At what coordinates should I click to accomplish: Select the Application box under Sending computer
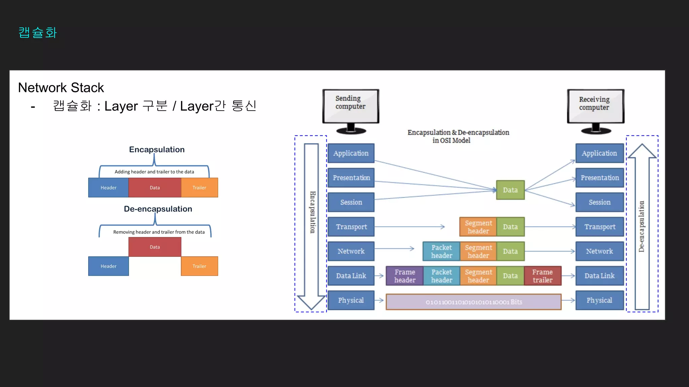coord(351,153)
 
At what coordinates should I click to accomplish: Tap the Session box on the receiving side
coord(600,202)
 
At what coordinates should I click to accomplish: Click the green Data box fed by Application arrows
coord(510,190)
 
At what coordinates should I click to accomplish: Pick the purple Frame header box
coord(405,276)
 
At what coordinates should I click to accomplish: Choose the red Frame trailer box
coord(542,276)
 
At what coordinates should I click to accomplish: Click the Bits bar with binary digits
coord(473,302)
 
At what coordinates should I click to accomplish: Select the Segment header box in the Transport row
coord(478,227)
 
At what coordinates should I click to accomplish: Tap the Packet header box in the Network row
coord(441,251)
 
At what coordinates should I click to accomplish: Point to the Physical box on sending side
coord(351,300)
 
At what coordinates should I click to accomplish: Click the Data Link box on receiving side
coord(600,276)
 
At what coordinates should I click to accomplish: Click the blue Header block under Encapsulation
coord(108,187)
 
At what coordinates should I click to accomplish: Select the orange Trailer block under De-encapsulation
coord(199,266)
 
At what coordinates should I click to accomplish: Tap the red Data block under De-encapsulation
coord(155,247)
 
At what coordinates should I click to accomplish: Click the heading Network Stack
coord(61,88)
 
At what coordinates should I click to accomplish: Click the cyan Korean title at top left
coord(38,33)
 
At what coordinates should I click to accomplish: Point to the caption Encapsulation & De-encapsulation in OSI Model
coord(458,136)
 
